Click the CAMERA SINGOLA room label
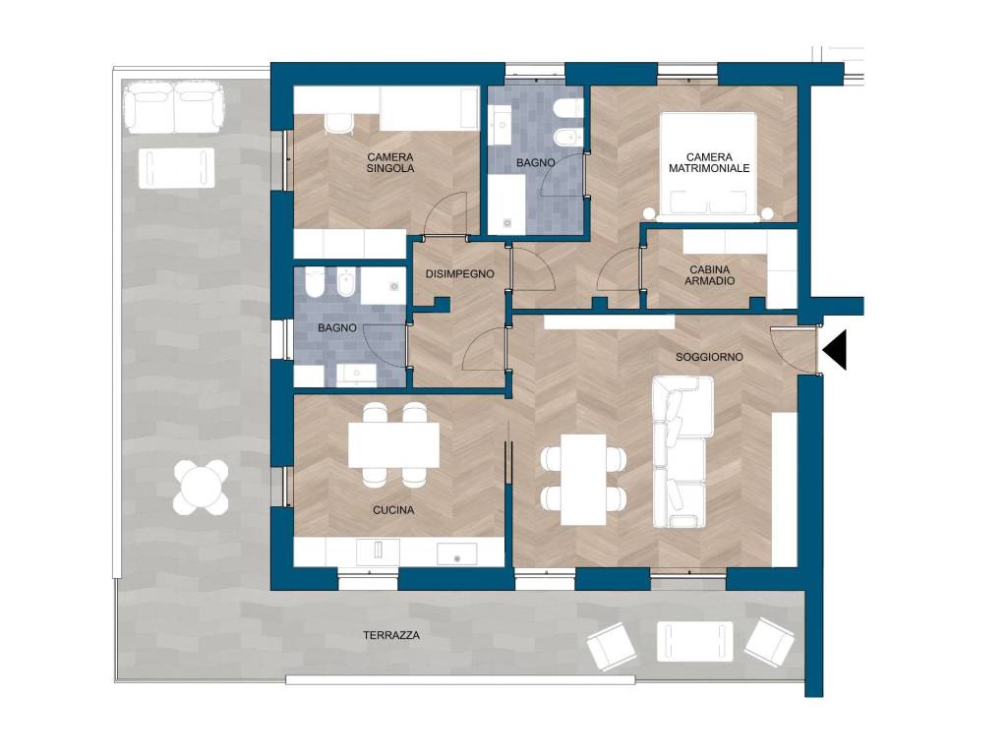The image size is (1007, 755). point(390,162)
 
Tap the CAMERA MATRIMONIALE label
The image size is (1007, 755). point(709,162)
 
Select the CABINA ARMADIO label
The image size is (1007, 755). point(709,275)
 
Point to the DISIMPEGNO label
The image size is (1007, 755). point(460,274)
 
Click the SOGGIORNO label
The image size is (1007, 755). point(709,357)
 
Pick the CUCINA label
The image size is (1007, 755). point(393,510)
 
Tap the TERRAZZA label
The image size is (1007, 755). point(391,636)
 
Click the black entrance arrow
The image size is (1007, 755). point(835,351)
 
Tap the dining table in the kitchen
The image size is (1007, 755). point(393,445)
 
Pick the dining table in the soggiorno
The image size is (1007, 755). point(583,480)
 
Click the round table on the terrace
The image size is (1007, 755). point(201,488)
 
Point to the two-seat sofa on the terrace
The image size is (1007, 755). point(174,107)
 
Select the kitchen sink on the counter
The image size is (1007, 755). point(457,553)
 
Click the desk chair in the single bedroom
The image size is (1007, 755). point(338,123)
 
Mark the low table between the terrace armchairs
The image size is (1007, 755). point(695,642)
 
